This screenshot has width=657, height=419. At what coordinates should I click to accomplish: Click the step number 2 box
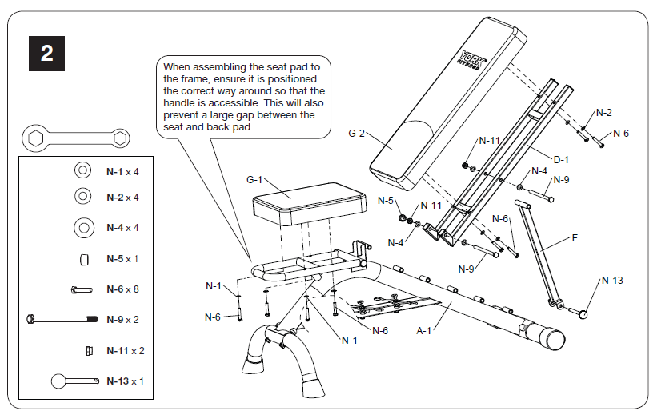pos(47,54)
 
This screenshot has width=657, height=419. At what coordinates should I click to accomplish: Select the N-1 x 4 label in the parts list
pos(122,171)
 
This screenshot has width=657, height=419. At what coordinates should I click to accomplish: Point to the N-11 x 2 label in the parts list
pos(126,350)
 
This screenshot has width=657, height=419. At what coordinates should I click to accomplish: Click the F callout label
pos(574,237)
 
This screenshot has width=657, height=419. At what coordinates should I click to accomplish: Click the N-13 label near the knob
pos(611,281)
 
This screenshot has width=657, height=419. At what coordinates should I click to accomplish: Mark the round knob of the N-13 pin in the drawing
pos(587,314)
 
